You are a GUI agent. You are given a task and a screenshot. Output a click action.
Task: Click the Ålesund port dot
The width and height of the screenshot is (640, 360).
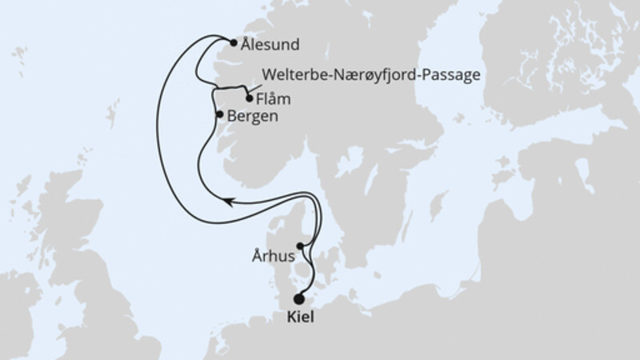(x=233, y=44)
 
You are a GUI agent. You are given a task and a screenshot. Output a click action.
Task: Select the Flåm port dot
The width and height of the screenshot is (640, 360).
(x=250, y=99)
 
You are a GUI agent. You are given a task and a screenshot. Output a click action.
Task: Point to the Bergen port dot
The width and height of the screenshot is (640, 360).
(x=220, y=114)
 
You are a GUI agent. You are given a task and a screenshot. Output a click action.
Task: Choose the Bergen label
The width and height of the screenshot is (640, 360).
(x=253, y=116)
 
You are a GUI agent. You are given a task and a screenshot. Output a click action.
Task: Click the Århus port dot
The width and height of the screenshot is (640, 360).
(x=301, y=246)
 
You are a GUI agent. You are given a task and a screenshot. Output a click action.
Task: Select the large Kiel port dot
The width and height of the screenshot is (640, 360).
(x=299, y=299)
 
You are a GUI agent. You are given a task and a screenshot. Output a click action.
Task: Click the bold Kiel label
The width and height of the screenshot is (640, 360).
(x=299, y=318)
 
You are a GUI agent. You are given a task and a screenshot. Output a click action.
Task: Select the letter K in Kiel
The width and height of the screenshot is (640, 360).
(x=289, y=318)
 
